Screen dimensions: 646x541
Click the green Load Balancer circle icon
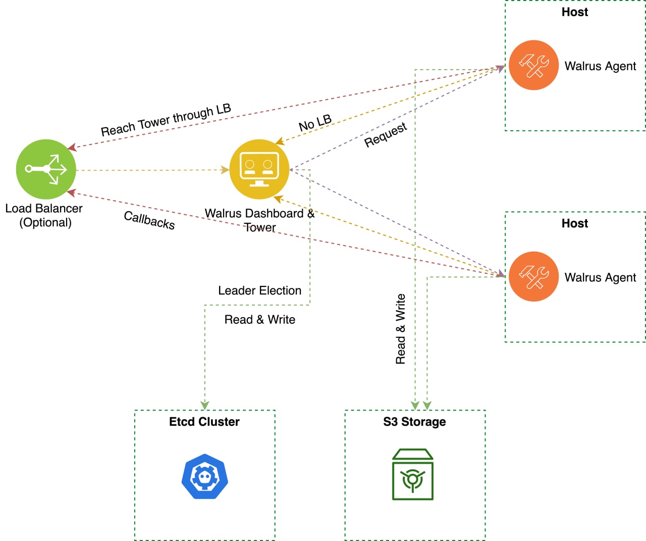tap(46, 169)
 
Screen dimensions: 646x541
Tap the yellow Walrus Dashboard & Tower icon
tap(259, 169)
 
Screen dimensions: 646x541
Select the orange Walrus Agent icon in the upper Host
tap(533, 65)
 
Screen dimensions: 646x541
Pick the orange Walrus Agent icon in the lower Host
tap(533, 276)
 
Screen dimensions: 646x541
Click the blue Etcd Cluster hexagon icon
tap(205, 476)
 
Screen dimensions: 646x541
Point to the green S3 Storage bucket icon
tap(413, 474)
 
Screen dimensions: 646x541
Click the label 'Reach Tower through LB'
tap(166, 120)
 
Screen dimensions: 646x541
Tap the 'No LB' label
tap(315, 123)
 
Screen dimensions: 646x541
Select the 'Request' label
tap(386, 135)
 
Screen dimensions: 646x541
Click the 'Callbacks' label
tap(149, 220)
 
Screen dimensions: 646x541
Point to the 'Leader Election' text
tap(259, 290)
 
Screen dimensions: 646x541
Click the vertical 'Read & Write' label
tap(400, 329)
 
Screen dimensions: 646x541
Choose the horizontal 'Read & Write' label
tap(260, 320)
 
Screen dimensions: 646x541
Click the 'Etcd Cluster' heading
tap(204, 422)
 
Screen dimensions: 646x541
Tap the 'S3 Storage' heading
tap(414, 422)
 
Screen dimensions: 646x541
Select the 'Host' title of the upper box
tap(575, 12)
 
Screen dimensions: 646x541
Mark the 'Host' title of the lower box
tap(575, 224)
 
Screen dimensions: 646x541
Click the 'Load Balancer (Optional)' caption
tap(44, 216)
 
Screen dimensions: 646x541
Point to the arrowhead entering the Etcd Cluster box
tap(205, 406)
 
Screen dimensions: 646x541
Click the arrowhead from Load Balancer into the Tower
tap(225, 170)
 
